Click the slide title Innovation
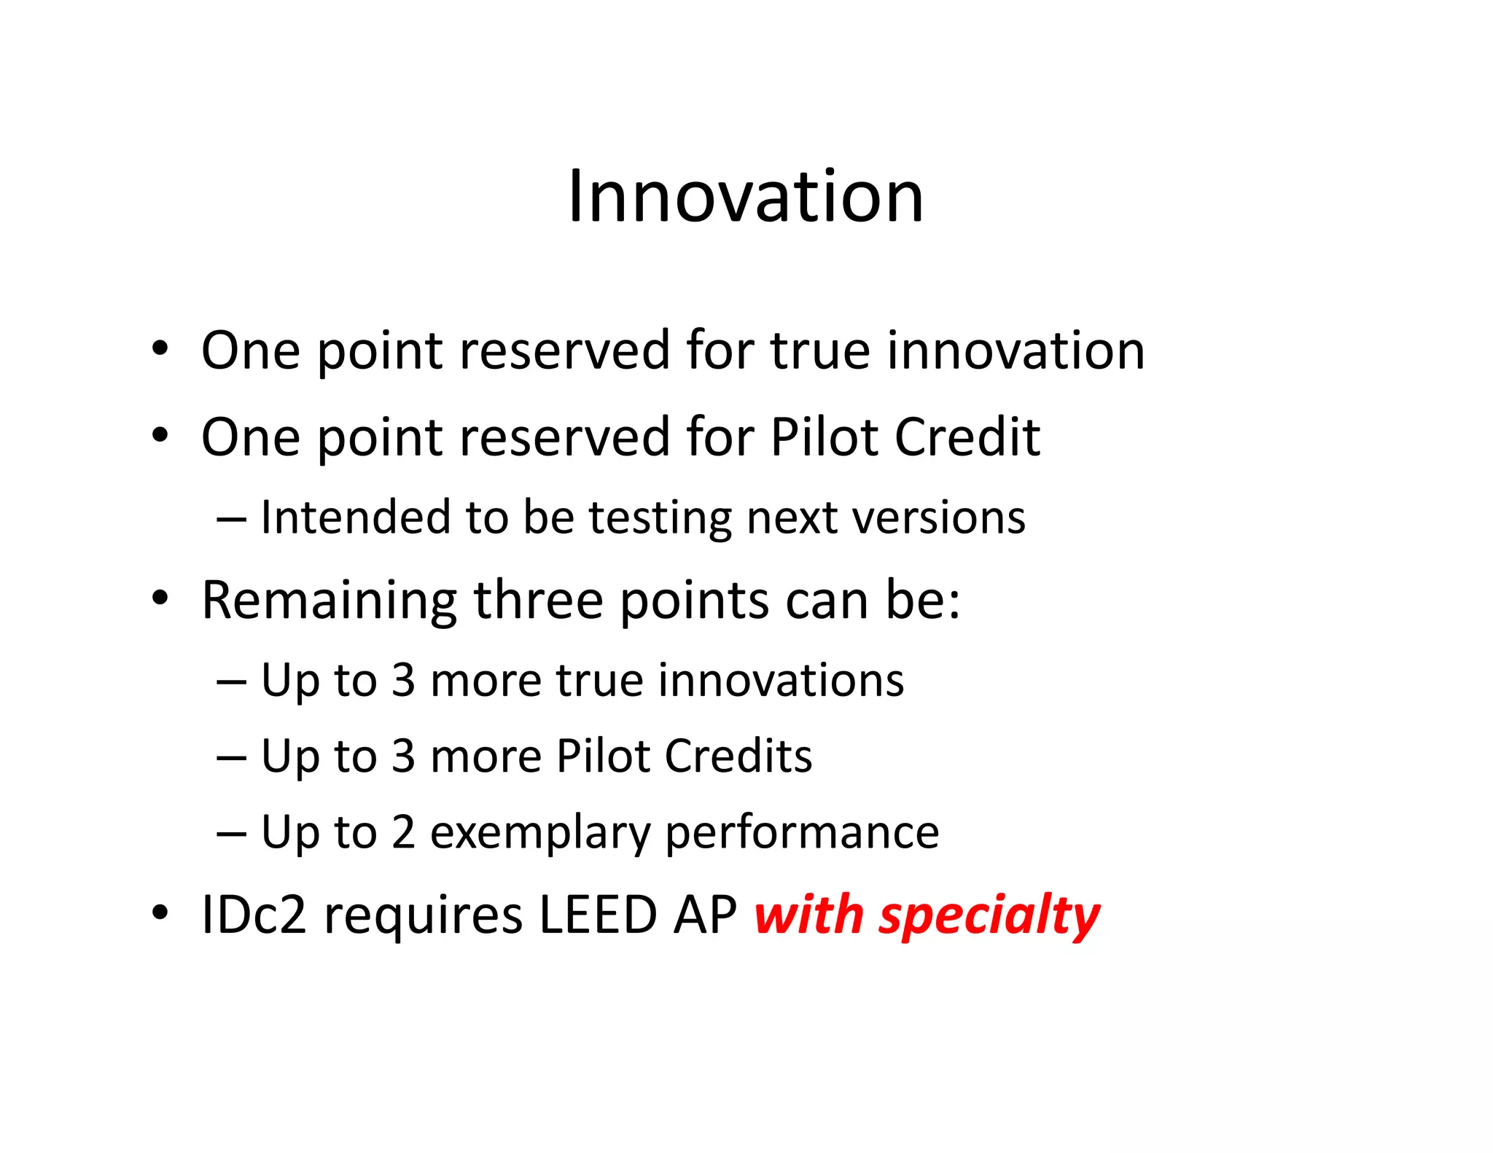745,196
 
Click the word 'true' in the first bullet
819,351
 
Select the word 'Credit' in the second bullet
967,437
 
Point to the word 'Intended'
356,517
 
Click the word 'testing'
661,519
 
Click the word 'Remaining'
329,601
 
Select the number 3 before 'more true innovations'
403,681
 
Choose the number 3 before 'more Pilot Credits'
403,757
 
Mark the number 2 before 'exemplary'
403,832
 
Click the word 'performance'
802,834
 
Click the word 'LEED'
598,915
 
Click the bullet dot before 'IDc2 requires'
160,913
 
